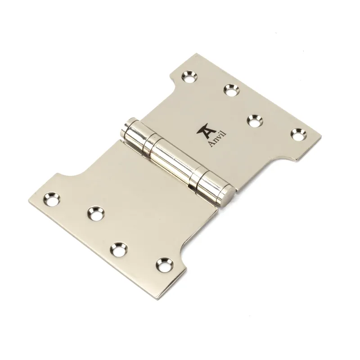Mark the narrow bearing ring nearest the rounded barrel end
[x=148, y=143]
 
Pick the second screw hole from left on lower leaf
[x=94, y=213]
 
